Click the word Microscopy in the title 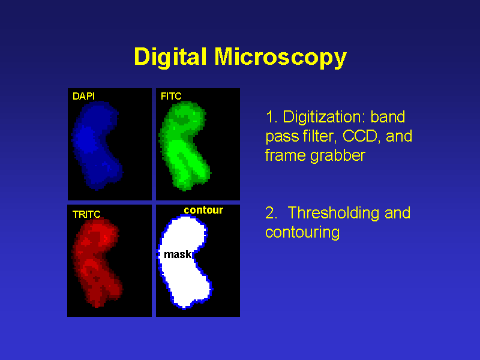(x=280, y=58)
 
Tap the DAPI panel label (x=83, y=95)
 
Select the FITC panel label (x=171, y=95)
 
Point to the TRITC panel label (x=86, y=214)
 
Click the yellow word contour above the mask (x=203, y=210)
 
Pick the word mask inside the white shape (x=177, y=254)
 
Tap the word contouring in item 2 (x=302, y=232)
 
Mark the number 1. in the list (x=271, y=116)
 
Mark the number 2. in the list (x=271, y=213)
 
